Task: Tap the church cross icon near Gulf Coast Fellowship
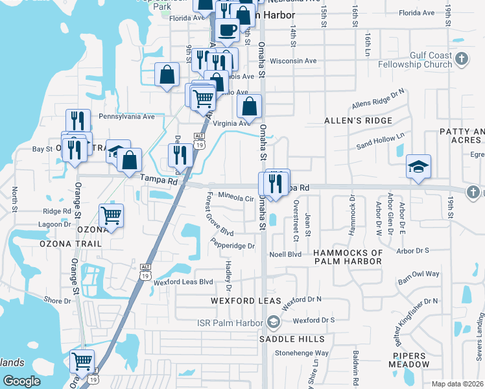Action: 461,60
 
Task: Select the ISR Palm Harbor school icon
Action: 274,322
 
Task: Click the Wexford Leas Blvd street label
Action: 183,282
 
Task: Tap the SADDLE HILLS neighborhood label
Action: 286,338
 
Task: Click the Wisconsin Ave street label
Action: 292,61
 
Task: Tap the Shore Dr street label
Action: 58,301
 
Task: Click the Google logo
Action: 21,381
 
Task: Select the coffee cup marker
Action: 228,30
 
